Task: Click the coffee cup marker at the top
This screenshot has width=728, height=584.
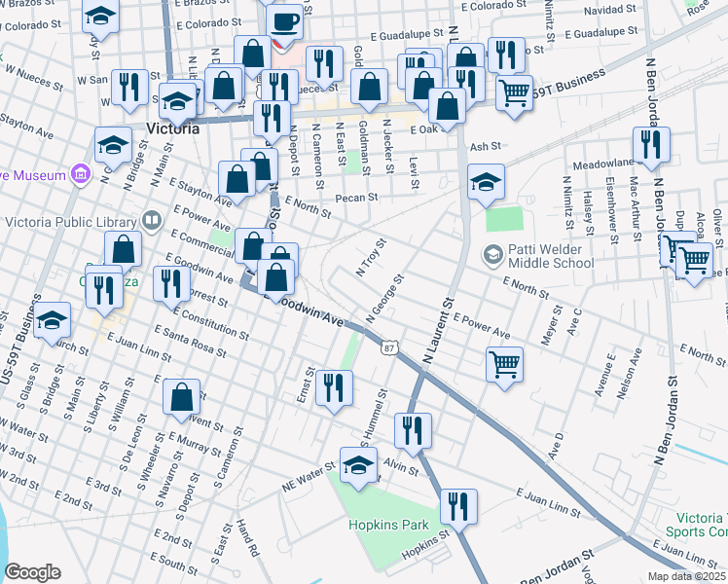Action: pos(283,22)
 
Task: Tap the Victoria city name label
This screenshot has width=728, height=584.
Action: pos(172,128)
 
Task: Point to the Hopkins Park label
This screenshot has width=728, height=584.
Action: pos(389,525)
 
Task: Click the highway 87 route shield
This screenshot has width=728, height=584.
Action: pos(389,347)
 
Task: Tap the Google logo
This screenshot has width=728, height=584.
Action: pos(32,572)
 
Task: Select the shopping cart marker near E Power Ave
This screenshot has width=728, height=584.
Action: pos(504,365)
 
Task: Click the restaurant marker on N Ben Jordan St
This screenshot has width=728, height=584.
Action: pos(651,146)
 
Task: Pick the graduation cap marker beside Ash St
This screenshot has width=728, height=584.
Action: pos(486,182)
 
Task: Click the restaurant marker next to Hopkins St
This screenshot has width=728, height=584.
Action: pos(457,507)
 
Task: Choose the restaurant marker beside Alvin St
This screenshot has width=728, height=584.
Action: pos(413,431)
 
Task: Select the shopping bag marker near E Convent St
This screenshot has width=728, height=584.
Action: pos(181,397)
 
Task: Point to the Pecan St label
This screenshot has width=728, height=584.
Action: pos(355,198)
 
